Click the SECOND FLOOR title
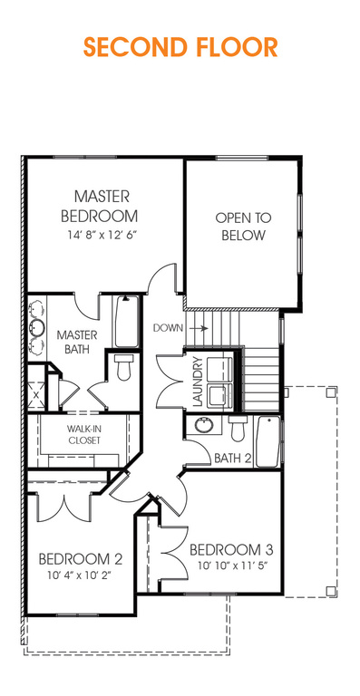click(180, 47)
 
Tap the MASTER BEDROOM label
click(100, 207)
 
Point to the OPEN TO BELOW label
click(243, 227)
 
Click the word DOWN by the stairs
click(168, 328)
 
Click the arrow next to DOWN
click(199, 328)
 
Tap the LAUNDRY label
click(198, 382)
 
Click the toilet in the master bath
click(123, 367)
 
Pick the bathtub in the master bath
click(126, 322)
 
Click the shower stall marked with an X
click(36, 394)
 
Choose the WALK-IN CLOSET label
click(84, 435)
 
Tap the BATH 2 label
click(233, 458)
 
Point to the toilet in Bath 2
click(238, 429)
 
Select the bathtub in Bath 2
click(268, 441)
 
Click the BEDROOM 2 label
click(81, 558)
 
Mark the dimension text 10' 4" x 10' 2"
click(79, 575)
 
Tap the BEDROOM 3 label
click(231, 549)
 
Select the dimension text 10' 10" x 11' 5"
click(234, 566)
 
